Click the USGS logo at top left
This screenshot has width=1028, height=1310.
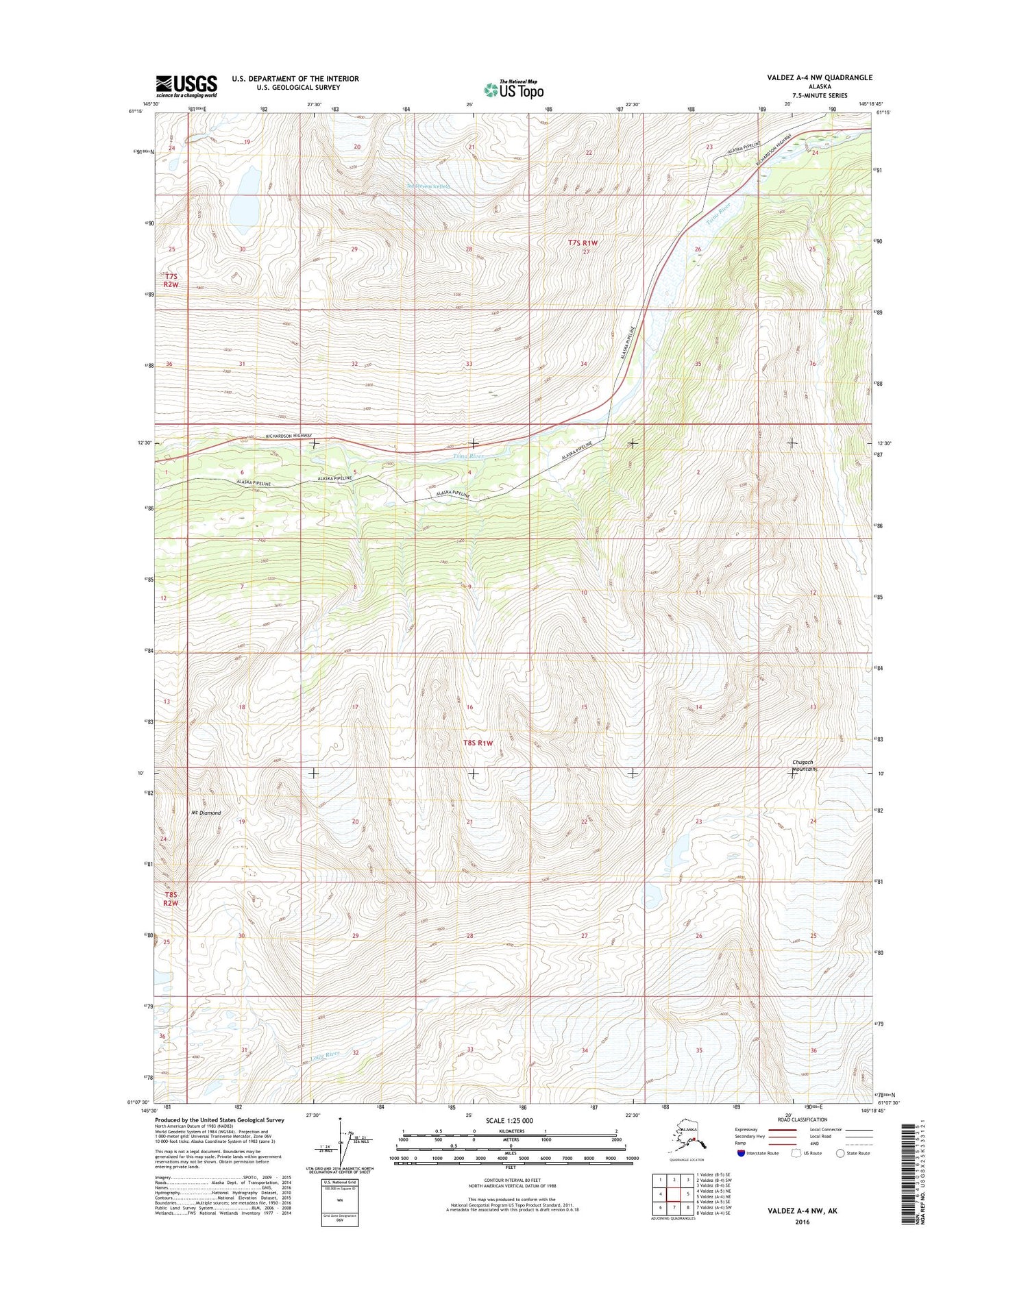pos(186,85)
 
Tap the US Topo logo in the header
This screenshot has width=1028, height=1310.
pos(513,90)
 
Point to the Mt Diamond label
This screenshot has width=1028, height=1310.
pos(206,813)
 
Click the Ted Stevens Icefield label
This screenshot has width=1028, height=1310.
pos(428,186)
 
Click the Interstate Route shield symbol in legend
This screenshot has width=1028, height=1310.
pos(741,1153)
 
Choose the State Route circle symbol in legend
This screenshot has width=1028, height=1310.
pos(840,1153)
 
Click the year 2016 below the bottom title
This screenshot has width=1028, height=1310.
pos(803,1222)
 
